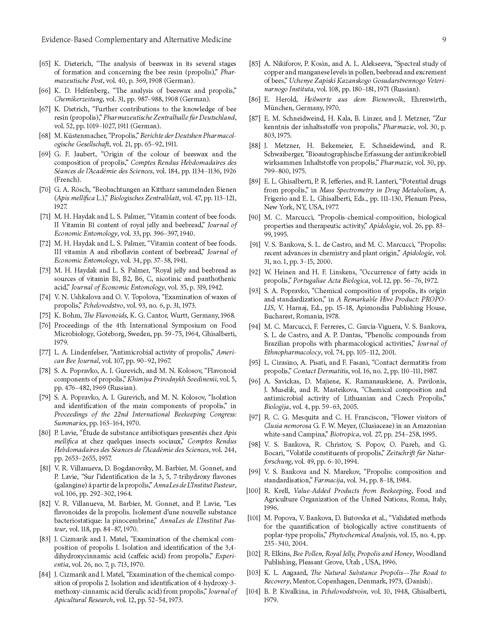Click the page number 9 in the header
(x=444, y=40)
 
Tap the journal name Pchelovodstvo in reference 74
(x=101, y=306)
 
